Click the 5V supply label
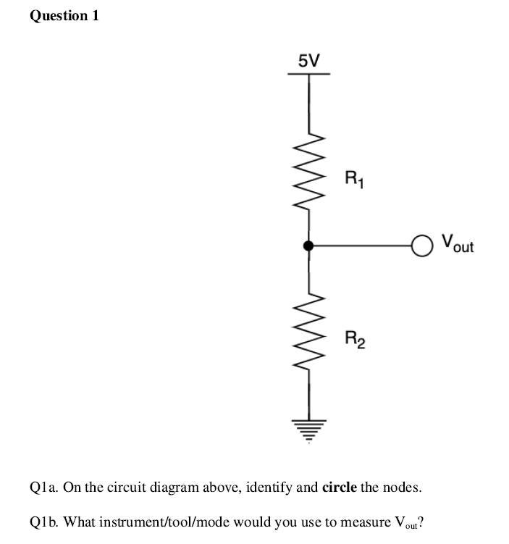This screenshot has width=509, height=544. pyautogui.click(x=309, y=60)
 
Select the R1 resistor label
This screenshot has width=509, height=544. pyautogui.click(x=354, y=177)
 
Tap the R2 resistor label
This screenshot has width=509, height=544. pyautogui.click(x=355, y=338)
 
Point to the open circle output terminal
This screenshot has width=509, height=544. pyautogui.click(x=420, y=246)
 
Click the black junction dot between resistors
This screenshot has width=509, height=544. pyautogui.click(x=308, y=246)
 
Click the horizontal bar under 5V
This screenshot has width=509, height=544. pyautogui.click(x=309, y=74)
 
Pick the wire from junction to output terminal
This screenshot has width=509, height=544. pyautogui.click(x=362, y=246)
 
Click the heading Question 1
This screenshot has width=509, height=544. pyautogui.click(x=64, y=17)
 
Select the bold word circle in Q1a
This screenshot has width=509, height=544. pyautogui.click(x=338, y=486)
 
